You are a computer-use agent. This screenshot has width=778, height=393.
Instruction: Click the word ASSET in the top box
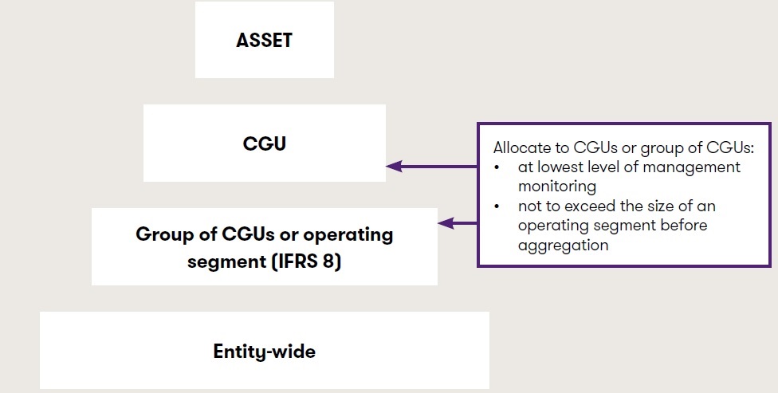[264, 41]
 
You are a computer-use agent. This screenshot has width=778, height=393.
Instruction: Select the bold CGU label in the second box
[264, 143]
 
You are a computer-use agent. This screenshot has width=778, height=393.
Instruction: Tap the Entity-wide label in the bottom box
[264, 351]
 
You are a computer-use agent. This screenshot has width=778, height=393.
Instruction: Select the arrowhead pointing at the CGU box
[392, 167]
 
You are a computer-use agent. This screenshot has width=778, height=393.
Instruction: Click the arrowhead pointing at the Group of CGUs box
[445, 224]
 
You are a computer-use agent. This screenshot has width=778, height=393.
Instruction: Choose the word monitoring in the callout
[557, 187]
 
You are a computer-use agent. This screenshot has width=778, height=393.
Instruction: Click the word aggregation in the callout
[563, 246]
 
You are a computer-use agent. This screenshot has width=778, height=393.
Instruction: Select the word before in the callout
[685, 226]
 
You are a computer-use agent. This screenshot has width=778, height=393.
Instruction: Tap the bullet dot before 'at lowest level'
[497, 167]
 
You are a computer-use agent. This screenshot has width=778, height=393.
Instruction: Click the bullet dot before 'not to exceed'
[497, 206]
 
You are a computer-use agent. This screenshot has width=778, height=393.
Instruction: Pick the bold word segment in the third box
[226, 261]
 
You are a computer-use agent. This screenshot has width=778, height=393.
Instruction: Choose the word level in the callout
[598, 167]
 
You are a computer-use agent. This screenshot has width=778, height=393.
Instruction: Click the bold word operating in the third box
[350, 235]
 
